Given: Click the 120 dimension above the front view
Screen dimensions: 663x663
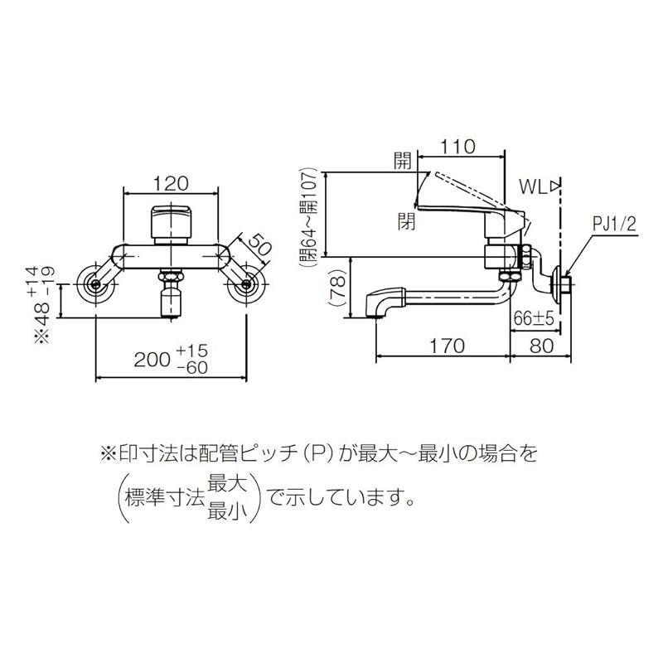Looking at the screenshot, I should coord(172,182).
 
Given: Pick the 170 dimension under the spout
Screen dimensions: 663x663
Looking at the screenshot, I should coord(448,346).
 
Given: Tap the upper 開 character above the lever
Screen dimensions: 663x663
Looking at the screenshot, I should coord(404,162).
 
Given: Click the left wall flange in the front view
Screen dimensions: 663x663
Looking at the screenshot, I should coord(97,285).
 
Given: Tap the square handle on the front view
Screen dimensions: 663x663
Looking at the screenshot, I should coord(172,221).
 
